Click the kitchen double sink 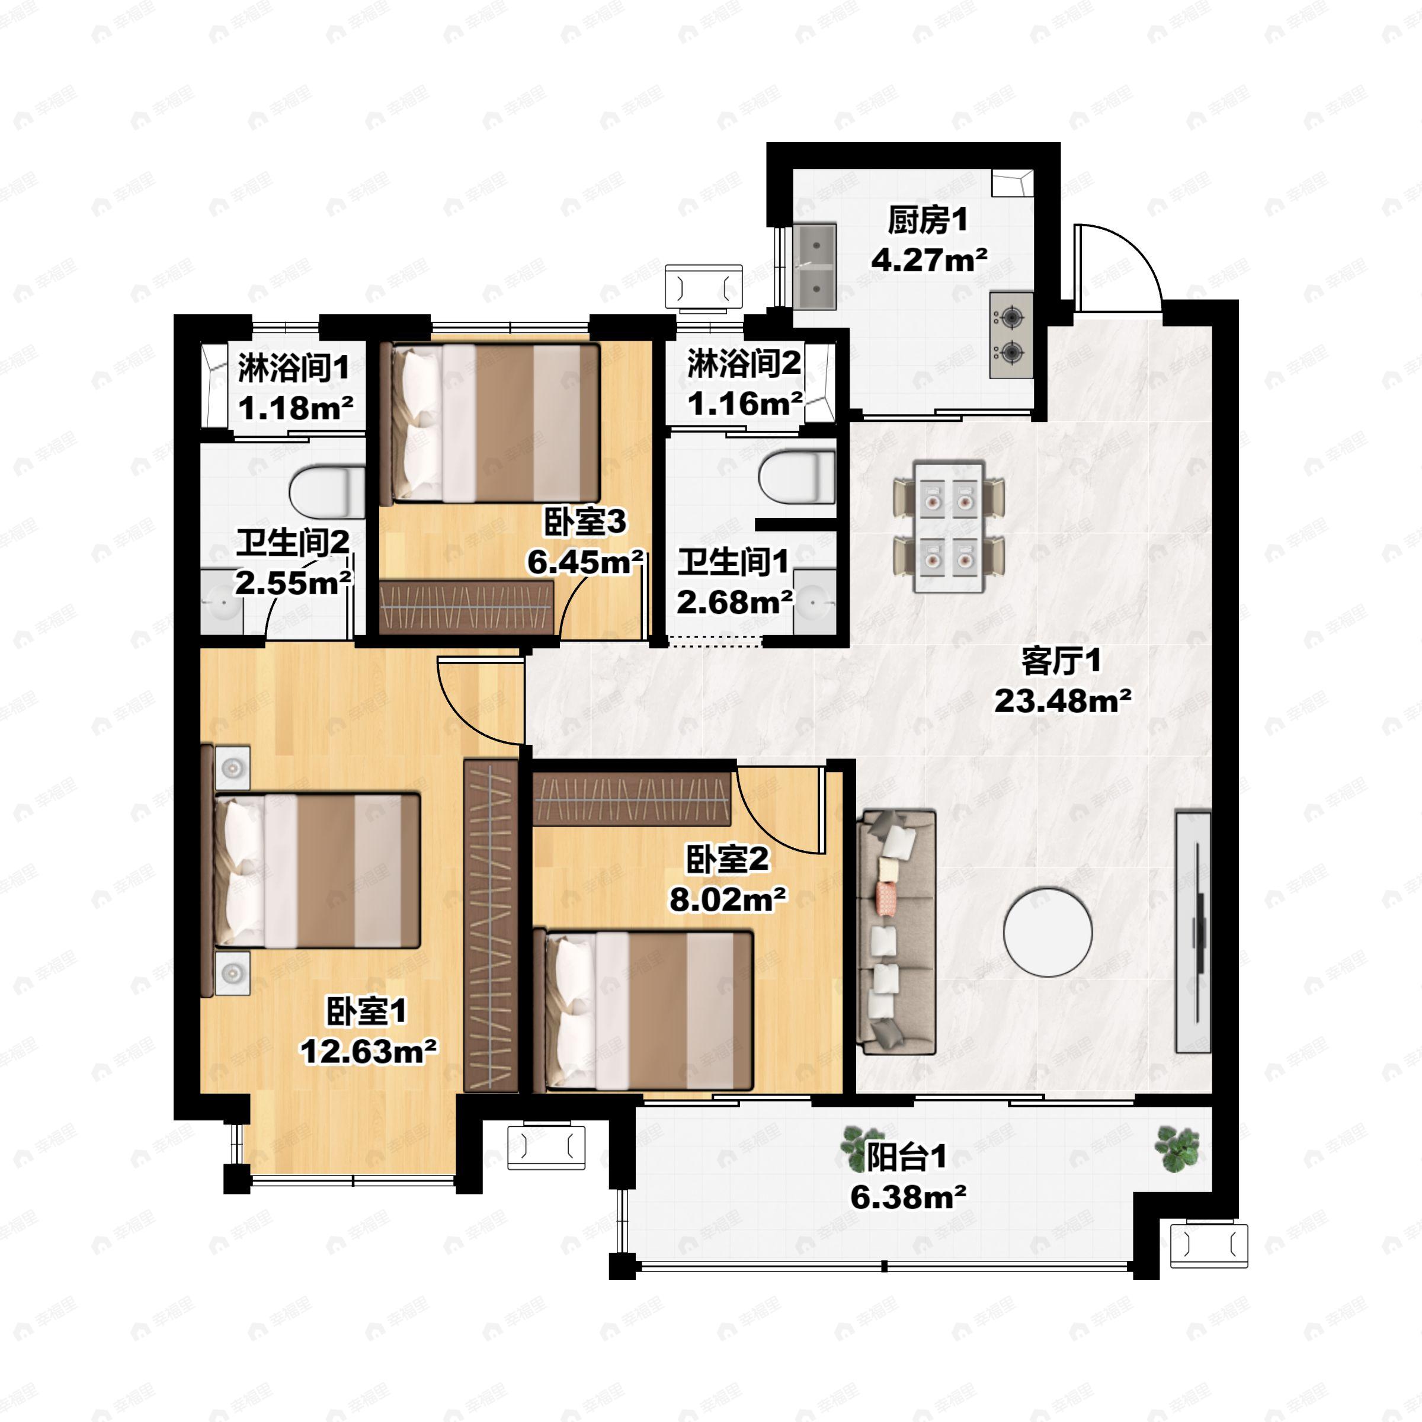815,267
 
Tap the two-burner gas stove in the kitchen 1011,335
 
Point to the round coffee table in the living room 1048,933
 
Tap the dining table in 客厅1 949,527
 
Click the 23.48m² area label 1063,702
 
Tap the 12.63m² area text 368,1052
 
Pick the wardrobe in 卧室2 632,799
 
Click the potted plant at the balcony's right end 1178,1149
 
